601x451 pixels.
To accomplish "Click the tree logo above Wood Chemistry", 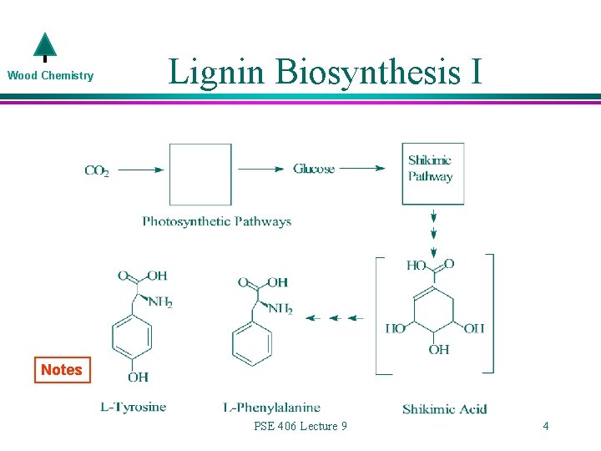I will point(44,48).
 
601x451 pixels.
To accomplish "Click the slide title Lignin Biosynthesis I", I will point(325,72).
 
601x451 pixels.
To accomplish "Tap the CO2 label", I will point(97,170).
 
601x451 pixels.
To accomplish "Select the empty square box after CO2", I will point(200,175).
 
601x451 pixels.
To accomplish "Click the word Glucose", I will point(314,169).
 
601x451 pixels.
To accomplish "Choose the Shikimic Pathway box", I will point(432,174).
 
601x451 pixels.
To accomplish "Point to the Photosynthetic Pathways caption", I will point(216,221).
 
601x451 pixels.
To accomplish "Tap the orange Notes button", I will point(62,369).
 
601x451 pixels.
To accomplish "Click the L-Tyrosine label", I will point(133,408).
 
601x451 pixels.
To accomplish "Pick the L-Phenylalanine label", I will point(271,408).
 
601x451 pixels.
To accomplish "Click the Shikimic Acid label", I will point(444,408).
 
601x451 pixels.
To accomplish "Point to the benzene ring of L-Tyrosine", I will point(132,337).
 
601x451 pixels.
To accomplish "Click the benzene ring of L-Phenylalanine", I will point(252,342).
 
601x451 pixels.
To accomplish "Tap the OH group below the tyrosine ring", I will point(139,377).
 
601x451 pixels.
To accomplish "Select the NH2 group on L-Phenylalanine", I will point(280,309).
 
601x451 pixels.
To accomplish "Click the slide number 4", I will point(545,426).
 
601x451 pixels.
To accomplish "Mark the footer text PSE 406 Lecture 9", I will point(300,426).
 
